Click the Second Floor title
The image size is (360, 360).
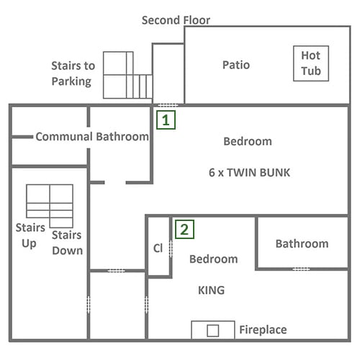176,20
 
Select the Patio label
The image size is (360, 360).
236,65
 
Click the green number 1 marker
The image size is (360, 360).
166,120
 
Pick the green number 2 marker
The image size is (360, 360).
184,229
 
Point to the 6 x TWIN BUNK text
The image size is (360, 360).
249,173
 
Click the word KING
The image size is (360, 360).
212,290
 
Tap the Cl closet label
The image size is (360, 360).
158,248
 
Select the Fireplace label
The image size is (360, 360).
263,330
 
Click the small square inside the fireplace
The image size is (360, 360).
213,330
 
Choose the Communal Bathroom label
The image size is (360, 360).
92,137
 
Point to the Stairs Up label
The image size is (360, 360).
30,235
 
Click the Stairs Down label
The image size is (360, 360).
67,243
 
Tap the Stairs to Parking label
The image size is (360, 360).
73,73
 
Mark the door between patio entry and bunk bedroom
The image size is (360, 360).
168,105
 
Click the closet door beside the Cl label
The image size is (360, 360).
171,249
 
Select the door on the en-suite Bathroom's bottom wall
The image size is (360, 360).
301,269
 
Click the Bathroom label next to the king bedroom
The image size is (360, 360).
302,244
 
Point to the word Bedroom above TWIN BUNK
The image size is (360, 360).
248,141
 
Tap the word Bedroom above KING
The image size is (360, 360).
214,259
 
